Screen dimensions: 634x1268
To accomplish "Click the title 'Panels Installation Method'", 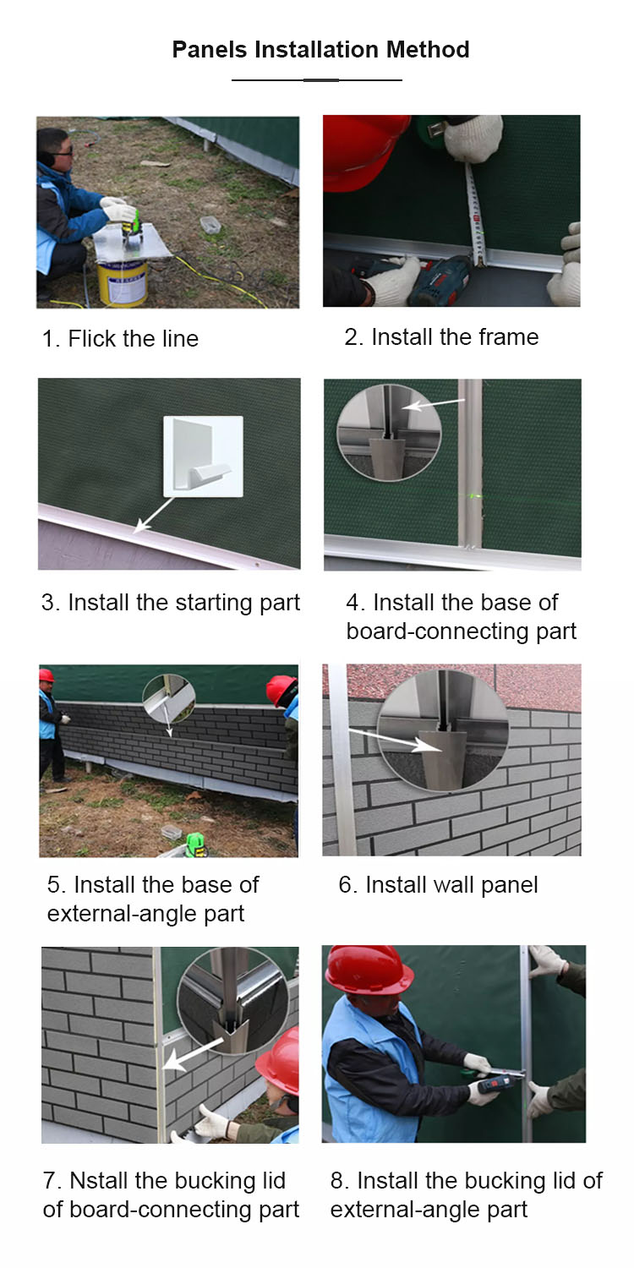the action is [x=320, y=50].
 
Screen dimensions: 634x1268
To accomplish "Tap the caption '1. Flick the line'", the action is [x=121, y=338].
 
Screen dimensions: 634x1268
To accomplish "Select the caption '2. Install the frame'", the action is [x=441, y=336].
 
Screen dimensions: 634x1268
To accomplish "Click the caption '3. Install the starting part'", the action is [x=171, y=603].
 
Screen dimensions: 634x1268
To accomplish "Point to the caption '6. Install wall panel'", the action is [x=438, y=885].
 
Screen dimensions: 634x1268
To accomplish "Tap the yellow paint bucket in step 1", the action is [x=123, y=283].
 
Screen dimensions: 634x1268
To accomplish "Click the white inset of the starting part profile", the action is [x=203, y=456].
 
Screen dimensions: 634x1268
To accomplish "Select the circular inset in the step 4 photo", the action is [x=389, y=433].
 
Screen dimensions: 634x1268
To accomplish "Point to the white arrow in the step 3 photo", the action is [x=153, y=515].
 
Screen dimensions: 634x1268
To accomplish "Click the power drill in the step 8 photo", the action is [x=497, y=1082].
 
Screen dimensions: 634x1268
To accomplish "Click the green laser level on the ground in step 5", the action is [x=196, y=845].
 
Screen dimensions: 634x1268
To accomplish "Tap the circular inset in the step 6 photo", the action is [x=443, y=729].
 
